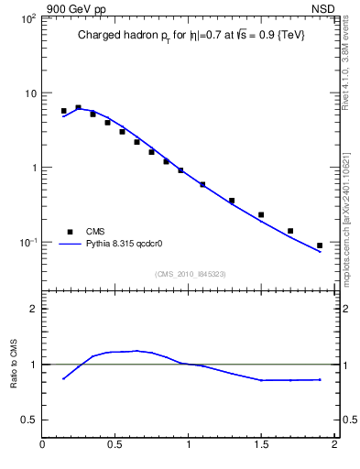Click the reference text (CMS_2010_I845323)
pos(191,272)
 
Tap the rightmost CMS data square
pos(320,245)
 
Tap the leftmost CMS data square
pos(64,111)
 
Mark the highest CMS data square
pos(78,107)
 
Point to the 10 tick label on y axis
pos(29,93)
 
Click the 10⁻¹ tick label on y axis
pos(27,243)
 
